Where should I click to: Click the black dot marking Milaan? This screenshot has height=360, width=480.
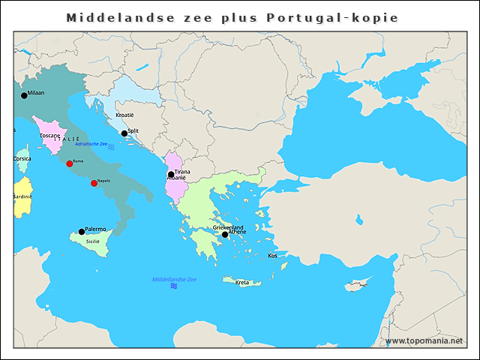[24, 95]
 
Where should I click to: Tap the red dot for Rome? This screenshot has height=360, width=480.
[70, 163]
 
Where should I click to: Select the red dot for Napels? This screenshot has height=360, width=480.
[94, 183]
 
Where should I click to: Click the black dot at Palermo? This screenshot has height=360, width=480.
[82, 232]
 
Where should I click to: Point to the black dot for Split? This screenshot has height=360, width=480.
[124, 133]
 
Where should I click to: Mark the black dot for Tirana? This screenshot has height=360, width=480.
[171, 175]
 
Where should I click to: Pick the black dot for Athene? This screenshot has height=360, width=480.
[224, 235]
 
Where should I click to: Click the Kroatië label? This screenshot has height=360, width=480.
[124, 115]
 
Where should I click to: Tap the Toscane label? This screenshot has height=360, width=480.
[50, 136]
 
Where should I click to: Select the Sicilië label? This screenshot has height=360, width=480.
[92, 241]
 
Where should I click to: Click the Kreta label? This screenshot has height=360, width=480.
[242, 283]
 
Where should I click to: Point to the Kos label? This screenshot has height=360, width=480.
[272, 256]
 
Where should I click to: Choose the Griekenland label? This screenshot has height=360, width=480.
[229, 226]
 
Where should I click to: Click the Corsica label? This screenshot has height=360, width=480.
[22, 159]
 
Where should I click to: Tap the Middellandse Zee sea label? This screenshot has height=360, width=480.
[174, 279]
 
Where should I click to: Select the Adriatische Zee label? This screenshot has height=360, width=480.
[91, 144]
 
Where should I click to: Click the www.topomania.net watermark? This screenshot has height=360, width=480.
[424, 340]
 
